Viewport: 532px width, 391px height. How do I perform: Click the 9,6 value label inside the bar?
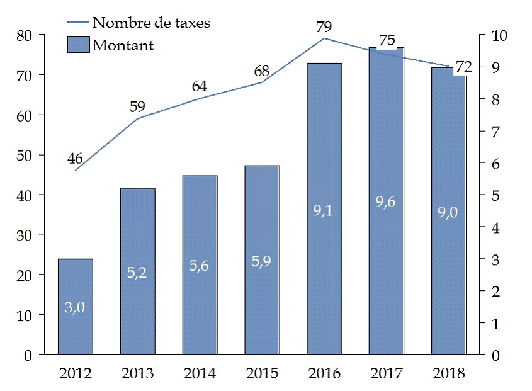[x=386, y=203]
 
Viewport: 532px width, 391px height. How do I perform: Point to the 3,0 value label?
[x=75, y=307]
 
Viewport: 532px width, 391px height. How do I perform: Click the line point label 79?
[x=324, y=27]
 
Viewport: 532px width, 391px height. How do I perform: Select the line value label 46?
[x=76, y=157]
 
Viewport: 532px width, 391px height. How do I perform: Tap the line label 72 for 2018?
[x=463, y=67]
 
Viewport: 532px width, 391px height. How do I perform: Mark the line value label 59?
[x=137, y=106]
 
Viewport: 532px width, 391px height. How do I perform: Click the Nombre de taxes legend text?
[x=151, y=23]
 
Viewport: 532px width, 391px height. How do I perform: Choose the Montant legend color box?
[x=78, y=45]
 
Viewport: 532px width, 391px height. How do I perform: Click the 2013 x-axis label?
[x=137, y=373]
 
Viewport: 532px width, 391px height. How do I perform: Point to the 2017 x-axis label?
[x=387, y=373]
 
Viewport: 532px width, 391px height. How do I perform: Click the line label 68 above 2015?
[x=262, y=69]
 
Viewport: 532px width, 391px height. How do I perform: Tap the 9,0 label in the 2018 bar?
[x=448, y=212]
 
